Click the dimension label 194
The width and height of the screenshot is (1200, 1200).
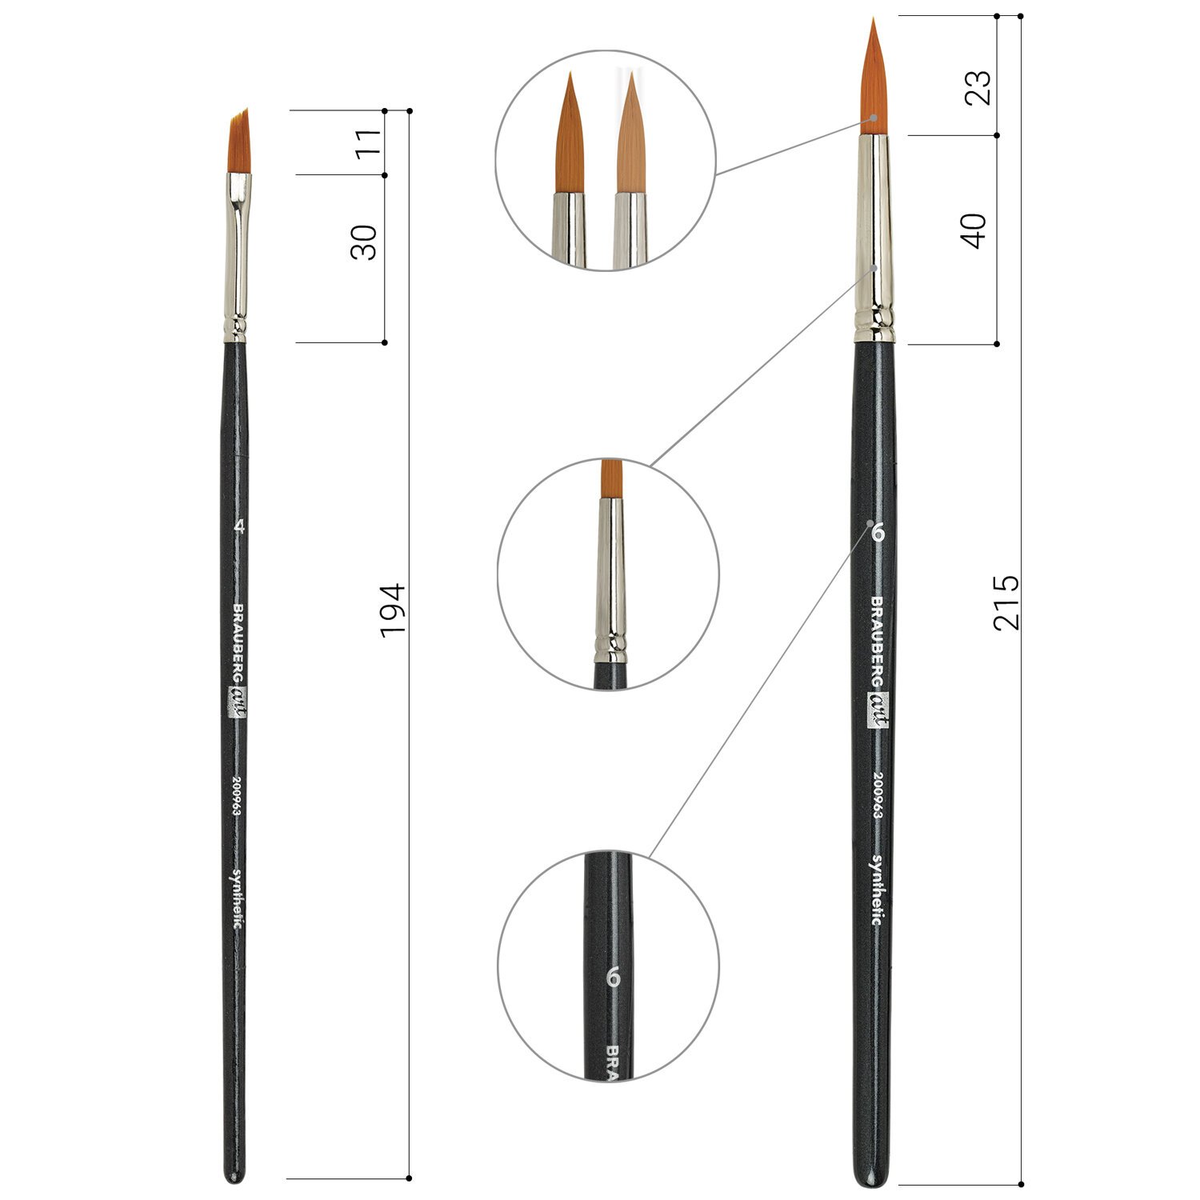coord(393,610)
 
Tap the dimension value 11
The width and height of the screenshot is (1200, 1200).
coord(368,143)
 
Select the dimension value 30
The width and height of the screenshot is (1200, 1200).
coord(364,242)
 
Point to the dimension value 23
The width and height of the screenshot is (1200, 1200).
coord(978,87)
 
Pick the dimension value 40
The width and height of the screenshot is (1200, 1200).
coord(974,230)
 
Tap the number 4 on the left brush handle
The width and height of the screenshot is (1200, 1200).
coord(237,526)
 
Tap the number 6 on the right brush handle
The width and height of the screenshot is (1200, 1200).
coord(876,531)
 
